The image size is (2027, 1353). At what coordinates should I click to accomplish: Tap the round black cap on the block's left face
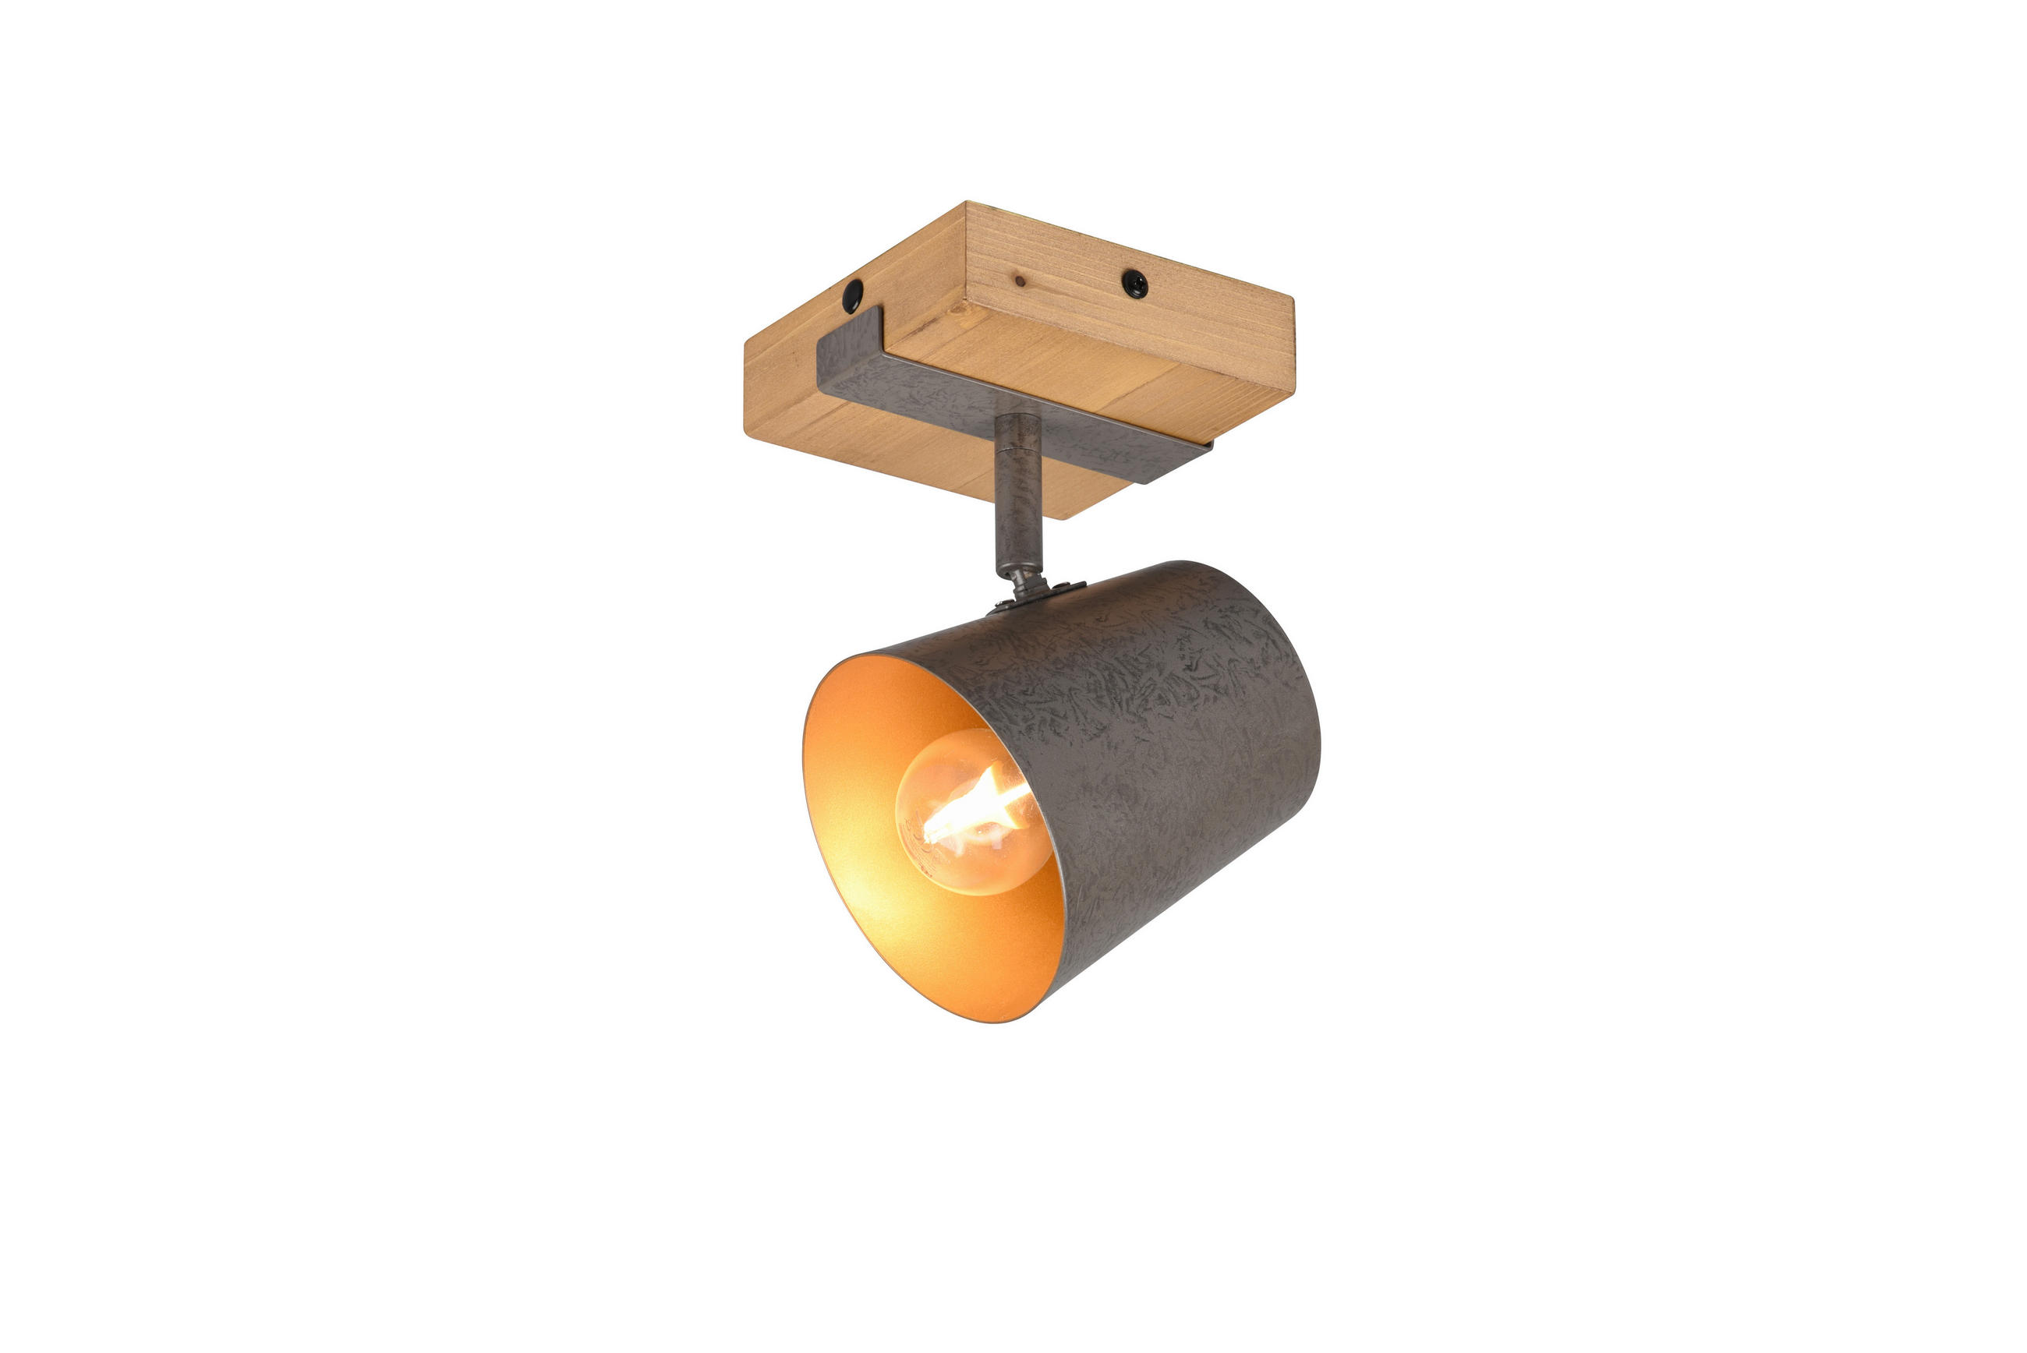853,295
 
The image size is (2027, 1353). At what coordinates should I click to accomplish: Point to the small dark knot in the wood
1020,281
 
